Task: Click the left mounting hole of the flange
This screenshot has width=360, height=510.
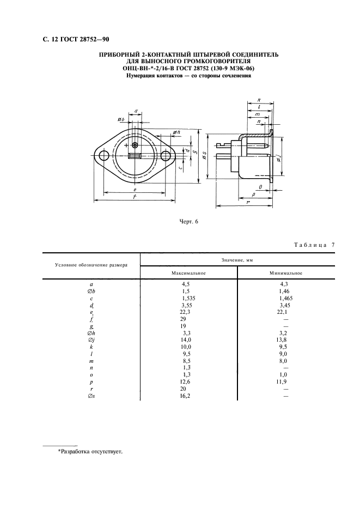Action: [104, 156]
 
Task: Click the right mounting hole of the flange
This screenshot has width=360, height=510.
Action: [165, 156]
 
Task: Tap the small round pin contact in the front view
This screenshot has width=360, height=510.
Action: [135, 145]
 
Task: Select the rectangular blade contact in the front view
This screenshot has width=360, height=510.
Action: [135, 156]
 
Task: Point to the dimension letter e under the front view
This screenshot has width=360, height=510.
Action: [135, 189]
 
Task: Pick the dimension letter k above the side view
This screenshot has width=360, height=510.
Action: [259, 100]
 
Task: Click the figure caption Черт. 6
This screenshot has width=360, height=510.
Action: [189, 222]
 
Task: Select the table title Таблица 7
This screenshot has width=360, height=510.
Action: [314, 245]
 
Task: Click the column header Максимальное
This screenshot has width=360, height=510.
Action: [188, 273]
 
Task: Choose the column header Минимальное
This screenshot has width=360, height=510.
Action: [286, 273]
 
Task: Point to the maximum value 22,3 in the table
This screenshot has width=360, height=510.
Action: [186, 312]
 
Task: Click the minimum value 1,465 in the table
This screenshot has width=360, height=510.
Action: [286, 298]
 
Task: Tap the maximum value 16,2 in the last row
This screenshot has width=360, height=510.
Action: [186, 396]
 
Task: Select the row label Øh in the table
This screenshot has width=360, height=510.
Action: [91, 333]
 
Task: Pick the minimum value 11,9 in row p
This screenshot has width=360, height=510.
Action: [282, 382]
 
